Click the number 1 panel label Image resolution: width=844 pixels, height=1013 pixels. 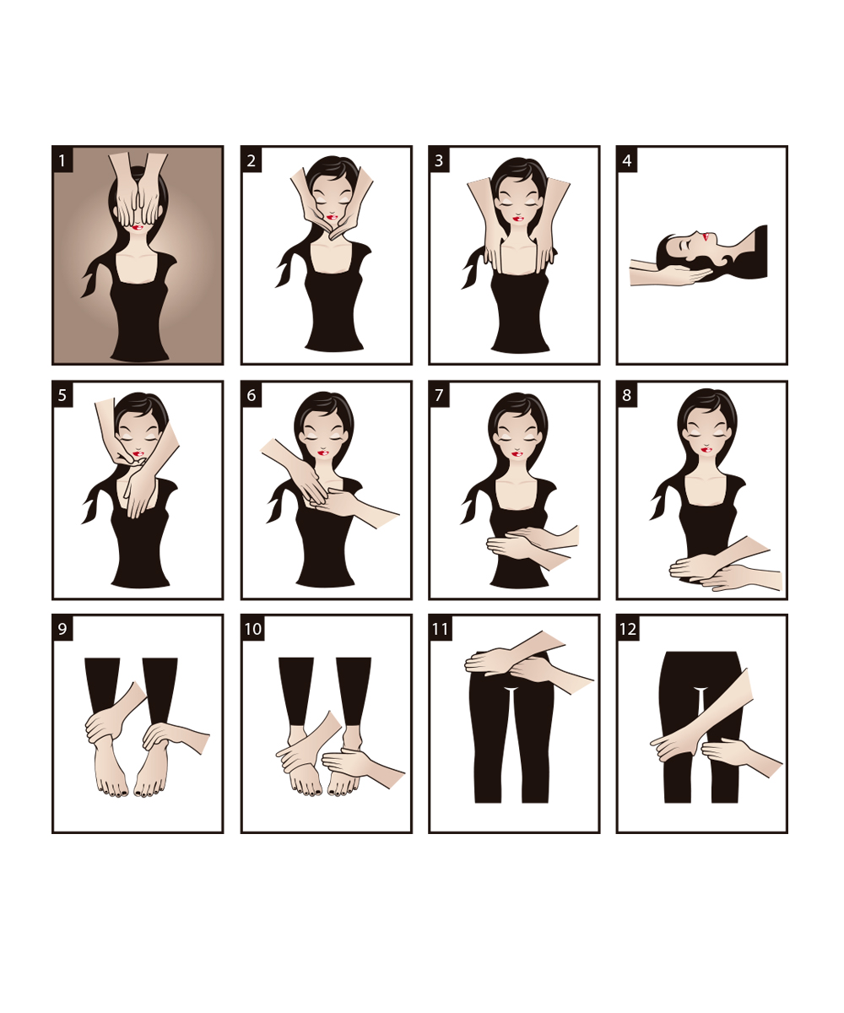[62, 160]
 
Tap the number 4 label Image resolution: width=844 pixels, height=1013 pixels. [627, 160]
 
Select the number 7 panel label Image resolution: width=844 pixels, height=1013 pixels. [439, 394]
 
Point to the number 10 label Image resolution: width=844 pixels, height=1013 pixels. [252, 629]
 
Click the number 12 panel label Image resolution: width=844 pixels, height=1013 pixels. [628, 629]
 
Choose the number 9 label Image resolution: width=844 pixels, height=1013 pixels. [62, 629]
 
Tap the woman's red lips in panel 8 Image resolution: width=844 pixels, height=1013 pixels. [707, 450]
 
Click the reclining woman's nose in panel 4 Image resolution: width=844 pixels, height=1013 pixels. [698, 235]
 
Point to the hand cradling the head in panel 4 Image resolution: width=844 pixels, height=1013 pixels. [672, 275]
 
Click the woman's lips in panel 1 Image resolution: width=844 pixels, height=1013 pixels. [138, 226]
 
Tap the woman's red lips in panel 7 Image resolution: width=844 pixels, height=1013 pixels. [517, 454]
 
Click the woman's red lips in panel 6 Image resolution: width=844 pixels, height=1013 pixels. [324, 452]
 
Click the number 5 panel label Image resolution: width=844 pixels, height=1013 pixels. [62, 394]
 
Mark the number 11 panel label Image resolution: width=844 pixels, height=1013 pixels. [440, 629]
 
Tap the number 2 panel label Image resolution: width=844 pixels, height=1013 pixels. [252, 160]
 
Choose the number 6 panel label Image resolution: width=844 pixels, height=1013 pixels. [252, 394]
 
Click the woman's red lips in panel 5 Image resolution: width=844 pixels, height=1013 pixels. [138, 453]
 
